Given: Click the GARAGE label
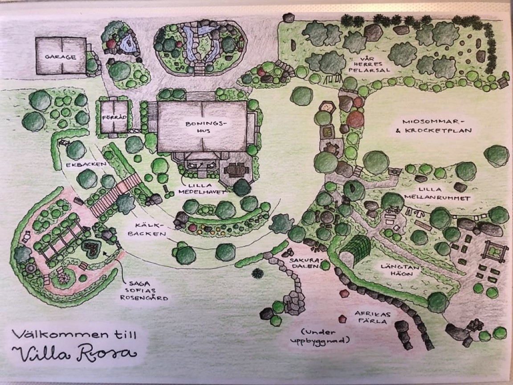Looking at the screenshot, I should [x=60, y=57].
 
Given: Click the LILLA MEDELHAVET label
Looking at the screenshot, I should [x=204, y=189].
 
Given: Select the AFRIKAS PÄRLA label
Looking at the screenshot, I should [x=369, y=316].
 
